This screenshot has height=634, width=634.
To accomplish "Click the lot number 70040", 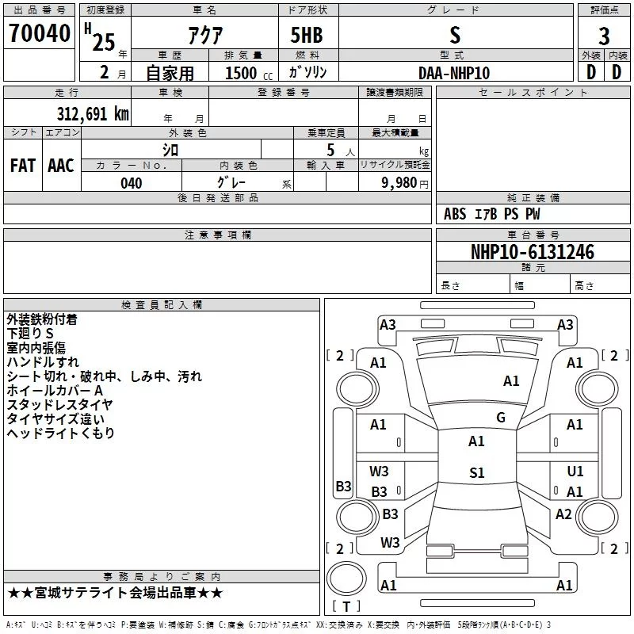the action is [40, 33].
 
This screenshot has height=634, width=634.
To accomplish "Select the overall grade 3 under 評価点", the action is [604, 36].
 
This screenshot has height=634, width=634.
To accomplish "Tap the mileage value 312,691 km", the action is [93, 113].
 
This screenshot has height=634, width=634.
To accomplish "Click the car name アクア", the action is [205, 35].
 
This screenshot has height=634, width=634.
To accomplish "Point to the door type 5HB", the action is [307, 35].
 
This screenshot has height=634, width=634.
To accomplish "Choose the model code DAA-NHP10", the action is [454, 73].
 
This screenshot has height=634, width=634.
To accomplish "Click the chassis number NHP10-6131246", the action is [533, 252].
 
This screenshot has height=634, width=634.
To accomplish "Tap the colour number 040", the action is [132, 183].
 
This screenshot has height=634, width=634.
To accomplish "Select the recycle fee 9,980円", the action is [405, 183].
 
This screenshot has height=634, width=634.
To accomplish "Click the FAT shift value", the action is [23, 166].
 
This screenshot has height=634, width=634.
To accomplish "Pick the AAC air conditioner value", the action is [61, 166].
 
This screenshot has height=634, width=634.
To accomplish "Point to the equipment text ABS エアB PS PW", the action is [491, 214].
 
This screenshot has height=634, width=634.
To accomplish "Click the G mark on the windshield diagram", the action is [501, 418].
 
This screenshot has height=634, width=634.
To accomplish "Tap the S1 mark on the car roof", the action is [477, 472].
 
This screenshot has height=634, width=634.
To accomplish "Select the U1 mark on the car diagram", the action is [575, 471].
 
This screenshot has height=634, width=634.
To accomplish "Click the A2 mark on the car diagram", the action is [563, 514].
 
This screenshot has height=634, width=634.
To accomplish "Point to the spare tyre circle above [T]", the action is [346, 579].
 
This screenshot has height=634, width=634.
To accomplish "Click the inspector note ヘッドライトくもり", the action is [61, 433].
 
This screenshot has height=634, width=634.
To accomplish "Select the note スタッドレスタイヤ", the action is [60, 404].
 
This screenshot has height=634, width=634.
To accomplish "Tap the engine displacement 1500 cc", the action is [249, 73].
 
